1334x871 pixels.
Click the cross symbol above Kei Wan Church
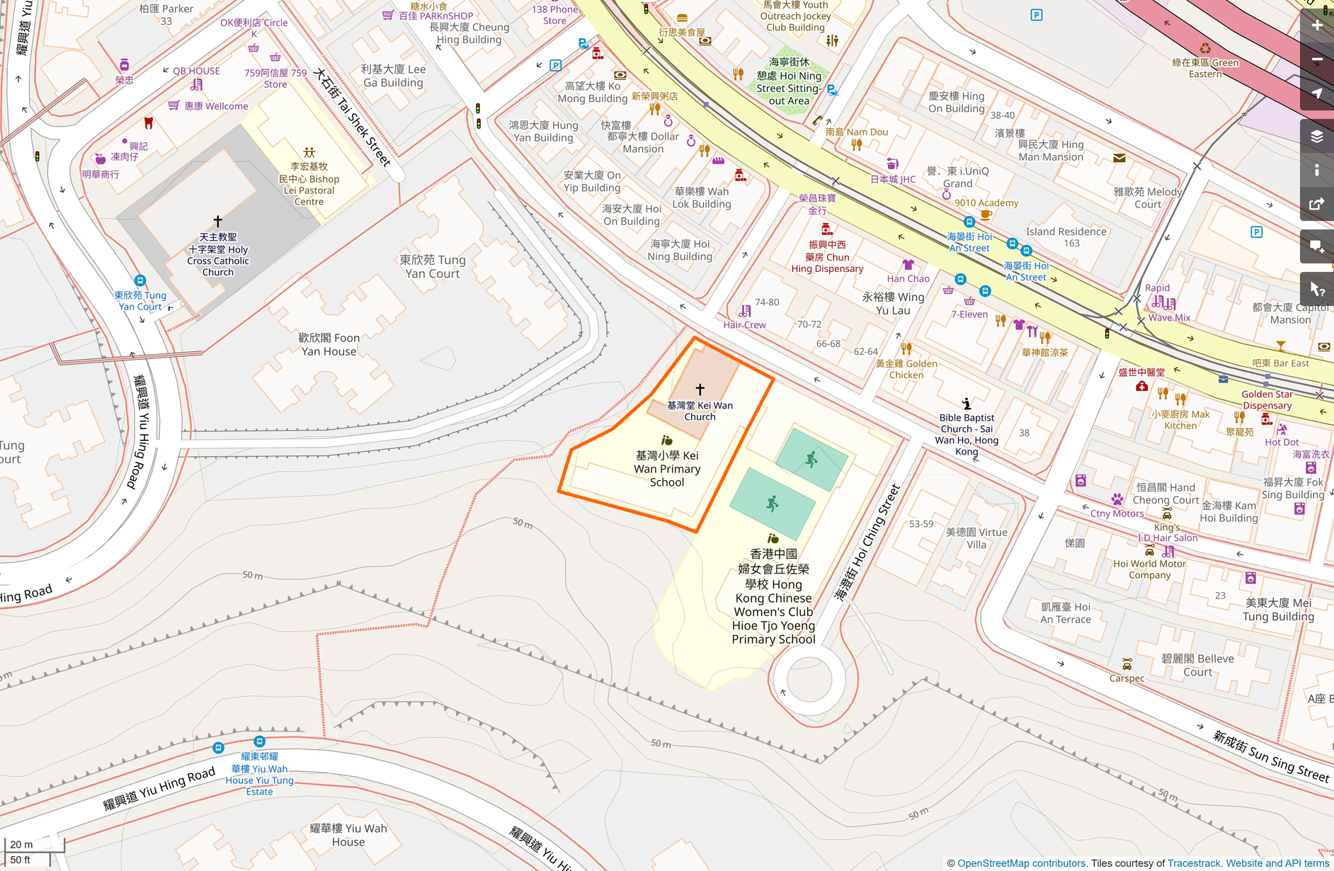[700, 389]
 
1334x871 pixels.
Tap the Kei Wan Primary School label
[667, 469]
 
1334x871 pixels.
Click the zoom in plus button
[1316, 26]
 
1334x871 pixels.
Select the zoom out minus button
[1316, 60]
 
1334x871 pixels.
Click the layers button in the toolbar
[1316, 137]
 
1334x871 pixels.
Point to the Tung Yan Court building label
[432, 267]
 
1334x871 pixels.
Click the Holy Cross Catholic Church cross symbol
[218, 221]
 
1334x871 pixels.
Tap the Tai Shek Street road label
[352, 118]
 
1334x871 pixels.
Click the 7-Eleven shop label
[969, 314]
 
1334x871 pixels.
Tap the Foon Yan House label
[329, 345]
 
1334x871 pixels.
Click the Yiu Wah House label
[348, 835]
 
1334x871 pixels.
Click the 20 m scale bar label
[21, 844]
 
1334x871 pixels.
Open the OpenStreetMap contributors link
[1021, 863]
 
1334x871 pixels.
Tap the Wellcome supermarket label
[216, 106]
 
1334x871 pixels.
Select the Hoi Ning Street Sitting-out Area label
[789, 81]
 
